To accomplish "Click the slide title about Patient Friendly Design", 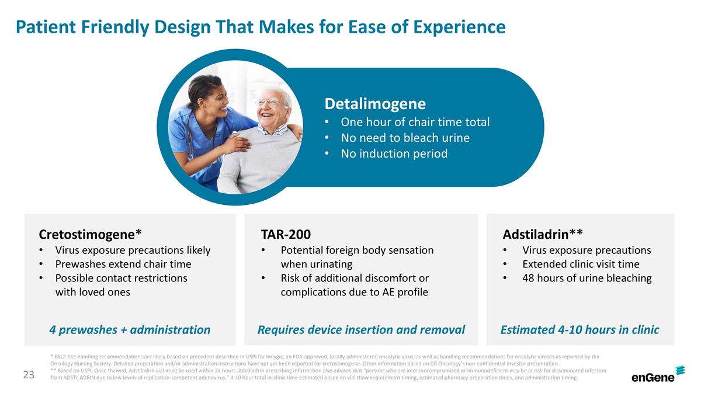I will [x=261, y=27].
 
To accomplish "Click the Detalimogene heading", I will [x=374, y=104].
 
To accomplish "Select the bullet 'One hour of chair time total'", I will [x=415, y=122].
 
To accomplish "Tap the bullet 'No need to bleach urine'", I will [x=405, y=138].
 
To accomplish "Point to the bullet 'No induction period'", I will [x=394, y=154].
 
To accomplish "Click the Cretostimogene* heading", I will [x=90, y=235].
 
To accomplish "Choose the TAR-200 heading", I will [x=286, y=235].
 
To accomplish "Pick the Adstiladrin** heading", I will [x=542, y=235].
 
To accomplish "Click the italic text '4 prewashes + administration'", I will [x=130, y=330].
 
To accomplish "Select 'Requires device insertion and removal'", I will [x=361, y=330].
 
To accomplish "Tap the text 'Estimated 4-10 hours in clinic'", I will [x=579, y=330].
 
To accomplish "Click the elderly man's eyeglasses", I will [x=270, y=103].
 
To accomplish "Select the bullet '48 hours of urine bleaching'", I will [x=587, y=278].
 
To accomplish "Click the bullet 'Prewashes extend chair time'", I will [x=123, y=264].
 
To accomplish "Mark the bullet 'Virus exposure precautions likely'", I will [x=133, y=250].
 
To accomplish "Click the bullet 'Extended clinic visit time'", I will [x=580, y=264].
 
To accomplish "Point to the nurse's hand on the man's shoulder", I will [x=237, y=142].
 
